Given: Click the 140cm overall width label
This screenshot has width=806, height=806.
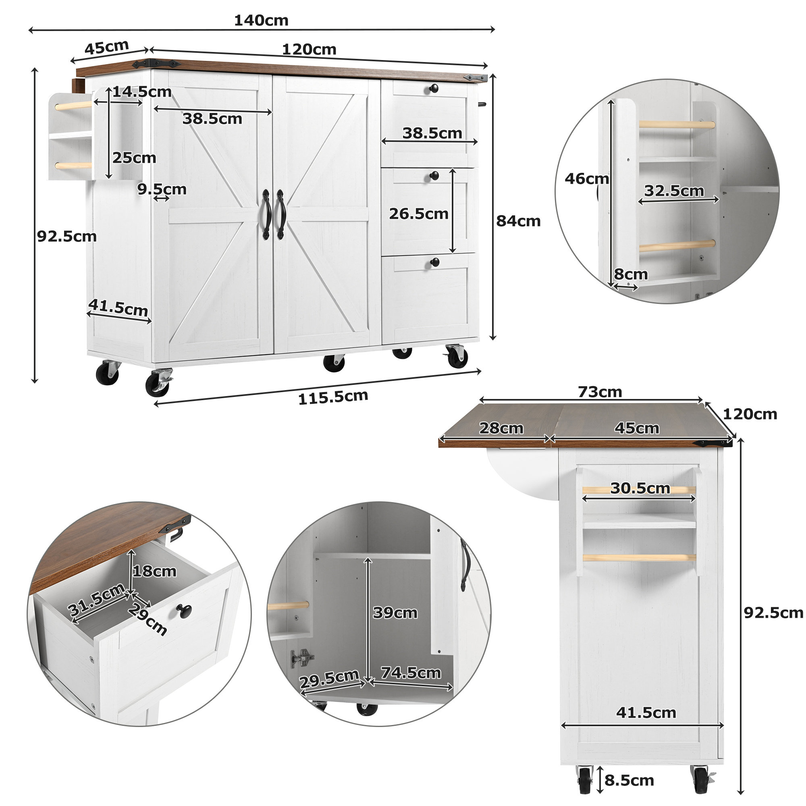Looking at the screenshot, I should click(x=261, y=21).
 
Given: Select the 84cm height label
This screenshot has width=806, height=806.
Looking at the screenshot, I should click(x=518, y=221).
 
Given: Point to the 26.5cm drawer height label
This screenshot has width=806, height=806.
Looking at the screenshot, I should click(x=418, y=214).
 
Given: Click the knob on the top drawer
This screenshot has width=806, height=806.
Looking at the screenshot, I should click(x=434, y=89).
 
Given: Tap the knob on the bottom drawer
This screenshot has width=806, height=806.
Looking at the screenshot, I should click(x=435, y=262).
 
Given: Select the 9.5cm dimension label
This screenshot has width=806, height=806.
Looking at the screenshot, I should click(x=162, y=189).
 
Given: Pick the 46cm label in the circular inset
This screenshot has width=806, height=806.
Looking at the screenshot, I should click(x=586, y=179).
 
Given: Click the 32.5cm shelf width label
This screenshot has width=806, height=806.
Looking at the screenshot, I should click(x=674, y=191).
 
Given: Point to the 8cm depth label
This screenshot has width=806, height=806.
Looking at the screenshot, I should click(x=630, y=274).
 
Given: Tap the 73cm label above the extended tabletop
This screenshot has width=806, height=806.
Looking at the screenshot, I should click(x=600, y=392).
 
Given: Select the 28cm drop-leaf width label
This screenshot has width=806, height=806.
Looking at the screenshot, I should click(x=501, y=428).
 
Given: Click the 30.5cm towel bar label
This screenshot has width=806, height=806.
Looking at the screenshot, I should click(x=640, y=488).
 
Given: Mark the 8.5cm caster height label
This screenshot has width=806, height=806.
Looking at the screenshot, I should click(x=629, y=780).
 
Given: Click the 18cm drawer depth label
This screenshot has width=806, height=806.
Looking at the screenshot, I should click(x=154, y=571).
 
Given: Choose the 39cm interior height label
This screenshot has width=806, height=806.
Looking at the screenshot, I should click(x=395, y=613).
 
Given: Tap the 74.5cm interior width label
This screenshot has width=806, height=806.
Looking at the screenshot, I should click(x=411, y=673).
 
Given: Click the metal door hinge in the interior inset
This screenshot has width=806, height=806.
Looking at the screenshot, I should click(x=301, y=658).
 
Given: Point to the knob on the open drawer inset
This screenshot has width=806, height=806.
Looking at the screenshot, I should click(x=183, y=610).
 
